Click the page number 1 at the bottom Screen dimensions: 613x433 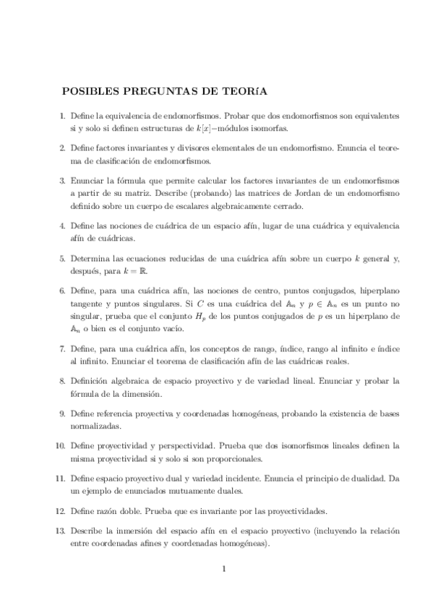[x=224, y=568]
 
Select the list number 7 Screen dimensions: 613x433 [x=61, y=348]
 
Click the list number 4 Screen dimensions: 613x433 [x=61, y=226]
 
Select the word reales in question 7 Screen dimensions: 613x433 [x=338, y=360]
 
